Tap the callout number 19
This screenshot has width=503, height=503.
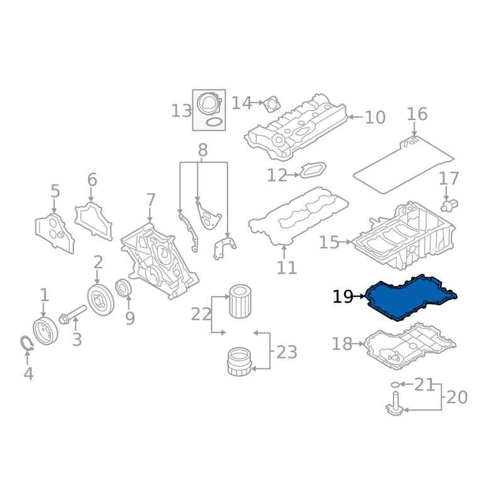(x=343, y=297)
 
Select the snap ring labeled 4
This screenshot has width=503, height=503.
(x=26, y=343)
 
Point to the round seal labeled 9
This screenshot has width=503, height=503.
(x=123, y=288)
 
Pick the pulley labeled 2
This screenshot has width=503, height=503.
(x=101, y=299)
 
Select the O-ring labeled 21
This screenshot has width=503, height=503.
(x=395, y=384)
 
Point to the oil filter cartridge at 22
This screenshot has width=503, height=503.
(x=240, y=302)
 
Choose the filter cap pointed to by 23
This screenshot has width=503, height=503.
(x=239, y=361)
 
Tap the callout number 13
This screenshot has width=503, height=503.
(x=181, y=111)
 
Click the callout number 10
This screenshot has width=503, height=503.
(x=375, y=118)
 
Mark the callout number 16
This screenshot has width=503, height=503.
(x=417, y=114)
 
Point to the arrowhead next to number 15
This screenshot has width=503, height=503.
(x=349, y=242)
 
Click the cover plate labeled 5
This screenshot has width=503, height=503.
(x=55, y=233)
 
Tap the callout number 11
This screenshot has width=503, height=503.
(x=287, y=268)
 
